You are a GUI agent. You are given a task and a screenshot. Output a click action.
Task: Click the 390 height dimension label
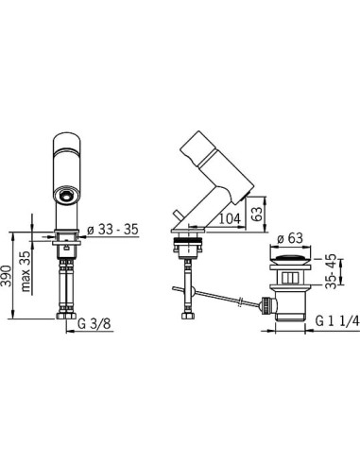[x=7, y=276]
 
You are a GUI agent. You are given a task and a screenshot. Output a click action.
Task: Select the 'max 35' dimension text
[x=26, y=271]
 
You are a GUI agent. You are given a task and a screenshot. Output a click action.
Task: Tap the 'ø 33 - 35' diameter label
[x=112, y=229]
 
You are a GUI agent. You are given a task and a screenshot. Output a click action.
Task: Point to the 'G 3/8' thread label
[x=94, y=323]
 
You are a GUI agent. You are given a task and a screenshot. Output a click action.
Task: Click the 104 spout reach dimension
[x=230, y=218]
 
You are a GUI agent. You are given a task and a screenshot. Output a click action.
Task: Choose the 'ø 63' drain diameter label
[x=289, y=238]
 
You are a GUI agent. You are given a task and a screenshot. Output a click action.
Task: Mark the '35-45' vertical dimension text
[x=331, y=271]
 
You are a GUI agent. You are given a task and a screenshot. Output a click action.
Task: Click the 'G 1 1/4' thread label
[x=337, y=321]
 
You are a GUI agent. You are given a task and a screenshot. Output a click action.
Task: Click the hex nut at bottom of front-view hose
[x=66, y=316]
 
